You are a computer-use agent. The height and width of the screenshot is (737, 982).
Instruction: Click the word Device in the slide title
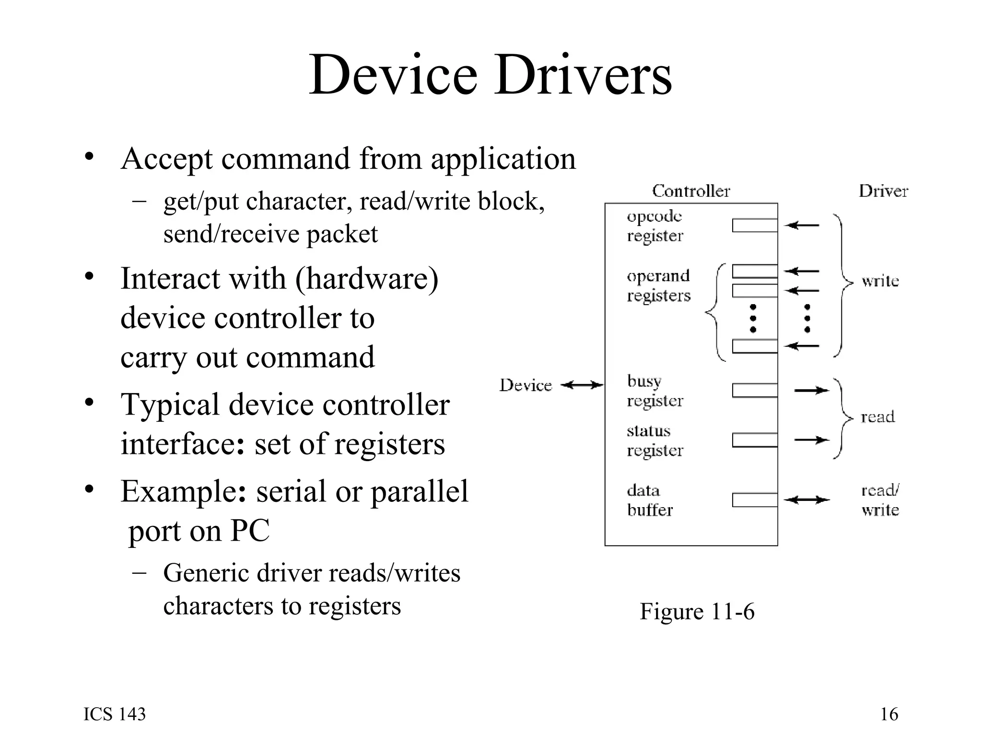(393, 76)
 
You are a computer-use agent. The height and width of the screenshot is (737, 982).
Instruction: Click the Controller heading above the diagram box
(691, 191)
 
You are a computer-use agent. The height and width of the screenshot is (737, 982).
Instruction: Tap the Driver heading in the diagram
(883, 191)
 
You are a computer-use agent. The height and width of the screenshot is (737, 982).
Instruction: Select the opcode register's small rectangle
(755, 226)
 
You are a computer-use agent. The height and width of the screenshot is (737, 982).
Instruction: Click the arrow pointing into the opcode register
(802, 225)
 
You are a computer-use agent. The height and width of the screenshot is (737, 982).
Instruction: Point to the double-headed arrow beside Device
(582, 385)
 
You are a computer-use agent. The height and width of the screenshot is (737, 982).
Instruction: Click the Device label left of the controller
(526, 385)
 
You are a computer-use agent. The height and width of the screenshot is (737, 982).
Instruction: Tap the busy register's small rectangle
(755, 391)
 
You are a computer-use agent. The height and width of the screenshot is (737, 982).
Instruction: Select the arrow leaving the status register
(811, 440)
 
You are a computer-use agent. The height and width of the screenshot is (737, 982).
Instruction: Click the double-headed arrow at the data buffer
(807, 500)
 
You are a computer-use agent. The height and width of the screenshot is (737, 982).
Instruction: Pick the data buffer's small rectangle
(755, 500)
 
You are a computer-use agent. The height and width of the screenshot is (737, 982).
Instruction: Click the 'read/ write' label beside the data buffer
(880, 500)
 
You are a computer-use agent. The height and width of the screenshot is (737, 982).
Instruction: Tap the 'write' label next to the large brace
(880, 281)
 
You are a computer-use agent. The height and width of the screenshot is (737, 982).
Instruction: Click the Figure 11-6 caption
(697, 612)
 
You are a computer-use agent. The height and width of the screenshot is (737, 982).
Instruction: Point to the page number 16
(889, 714)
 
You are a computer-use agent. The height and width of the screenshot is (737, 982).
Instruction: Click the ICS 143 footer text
(115, 714)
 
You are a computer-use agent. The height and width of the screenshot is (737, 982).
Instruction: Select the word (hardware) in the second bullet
(367, 279)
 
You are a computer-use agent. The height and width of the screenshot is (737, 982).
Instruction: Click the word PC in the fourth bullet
(250, 531)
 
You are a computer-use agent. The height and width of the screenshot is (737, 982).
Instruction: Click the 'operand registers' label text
(658, 285)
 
